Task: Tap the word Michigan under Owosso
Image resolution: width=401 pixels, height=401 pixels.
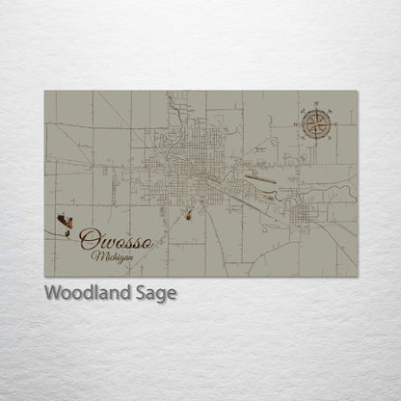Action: [115, 256]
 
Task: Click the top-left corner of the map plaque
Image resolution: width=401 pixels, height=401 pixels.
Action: [44, 92]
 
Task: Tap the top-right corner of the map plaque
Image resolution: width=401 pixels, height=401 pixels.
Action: [358, 92]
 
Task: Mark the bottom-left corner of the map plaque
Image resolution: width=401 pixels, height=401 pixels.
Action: [44, 278]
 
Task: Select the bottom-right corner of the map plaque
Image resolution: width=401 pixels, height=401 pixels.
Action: [358, 278]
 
